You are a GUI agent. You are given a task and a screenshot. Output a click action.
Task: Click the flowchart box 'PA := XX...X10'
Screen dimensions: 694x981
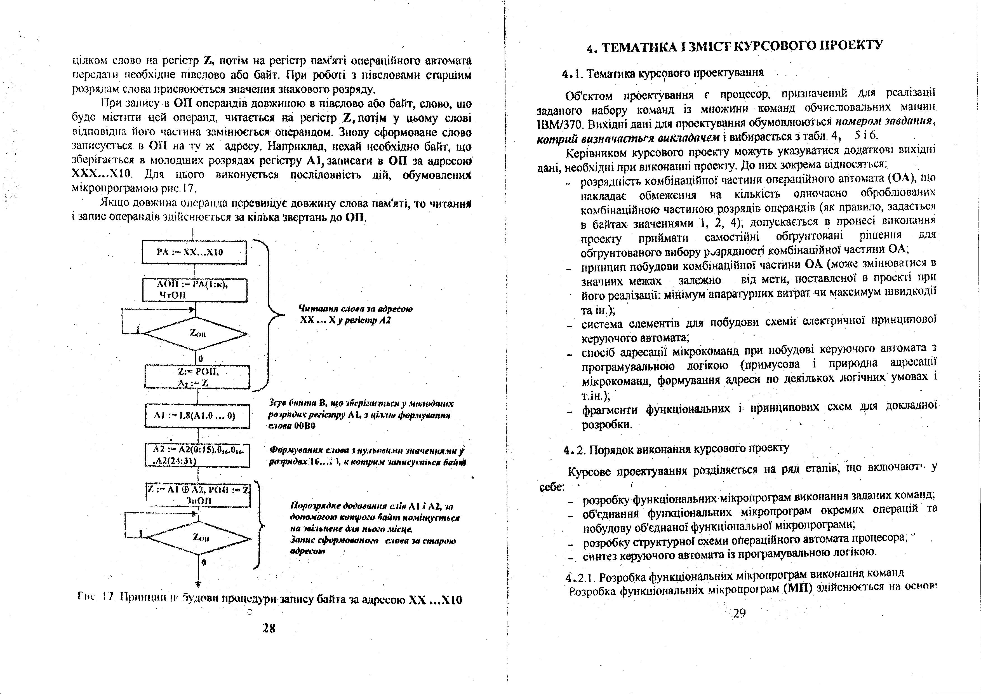[194, 252]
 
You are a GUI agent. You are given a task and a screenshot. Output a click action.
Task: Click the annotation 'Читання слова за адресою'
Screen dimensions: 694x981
[355, 309]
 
